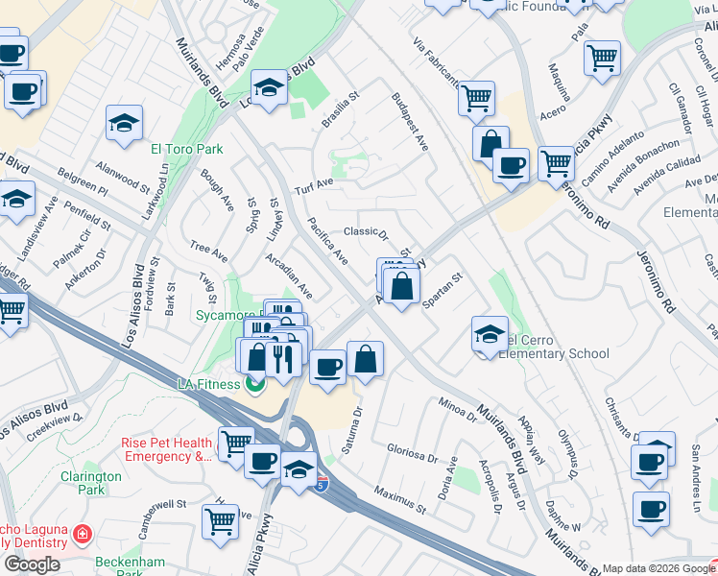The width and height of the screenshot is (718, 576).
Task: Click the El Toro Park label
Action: coord(186,149)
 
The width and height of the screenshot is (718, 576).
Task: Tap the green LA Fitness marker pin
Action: coord(254,385)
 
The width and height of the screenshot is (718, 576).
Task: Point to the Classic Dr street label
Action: coord(365,231)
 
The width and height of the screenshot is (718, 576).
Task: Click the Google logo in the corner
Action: coord(32,564)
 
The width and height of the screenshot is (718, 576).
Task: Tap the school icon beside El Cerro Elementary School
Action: coord(490,335)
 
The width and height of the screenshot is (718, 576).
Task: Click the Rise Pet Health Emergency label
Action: coord(166,449)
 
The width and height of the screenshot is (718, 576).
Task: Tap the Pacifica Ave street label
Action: coord(328,242)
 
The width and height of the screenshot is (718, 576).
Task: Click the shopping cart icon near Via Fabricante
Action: coord(476,96)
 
